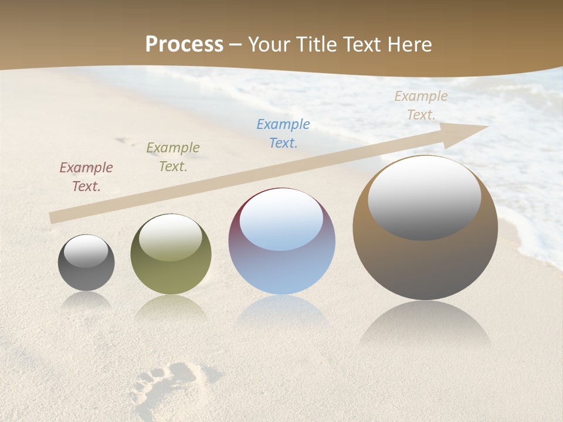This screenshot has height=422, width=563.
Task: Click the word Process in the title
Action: [x=184, y=45]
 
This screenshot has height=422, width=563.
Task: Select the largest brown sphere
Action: [x=425, y=258]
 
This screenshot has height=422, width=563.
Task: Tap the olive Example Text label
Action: [x=173, y=157]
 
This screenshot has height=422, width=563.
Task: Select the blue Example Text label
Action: [x=283, y=134]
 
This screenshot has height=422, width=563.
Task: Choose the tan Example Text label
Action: [x=421, y=105]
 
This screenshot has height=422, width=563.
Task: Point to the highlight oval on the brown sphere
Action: [x=425, y=198]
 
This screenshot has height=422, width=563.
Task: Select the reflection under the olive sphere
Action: [x=171, y=308]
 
